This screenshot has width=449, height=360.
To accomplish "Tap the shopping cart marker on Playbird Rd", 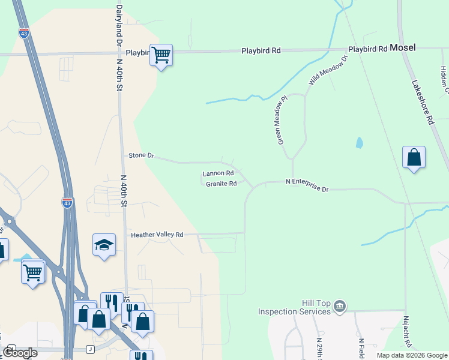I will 161,56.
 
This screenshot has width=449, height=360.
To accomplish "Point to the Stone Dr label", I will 142,155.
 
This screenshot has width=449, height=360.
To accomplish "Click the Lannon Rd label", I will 217,173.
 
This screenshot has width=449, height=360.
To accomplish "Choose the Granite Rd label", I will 221,184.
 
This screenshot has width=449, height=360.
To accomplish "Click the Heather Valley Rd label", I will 157,235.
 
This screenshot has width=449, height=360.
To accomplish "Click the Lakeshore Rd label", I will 423,103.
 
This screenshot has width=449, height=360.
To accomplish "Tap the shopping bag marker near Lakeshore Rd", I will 414,158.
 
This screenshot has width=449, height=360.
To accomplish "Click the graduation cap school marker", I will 104,245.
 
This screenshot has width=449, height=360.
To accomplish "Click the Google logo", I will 20,353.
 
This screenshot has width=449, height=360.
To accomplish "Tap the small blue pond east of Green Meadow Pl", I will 359,143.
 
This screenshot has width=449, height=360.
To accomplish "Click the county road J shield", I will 90,349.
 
